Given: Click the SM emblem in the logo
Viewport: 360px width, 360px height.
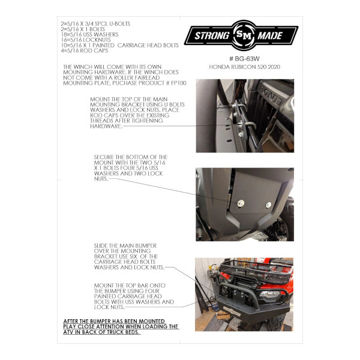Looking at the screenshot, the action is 244,35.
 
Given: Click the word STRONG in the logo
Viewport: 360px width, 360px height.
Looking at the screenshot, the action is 212,36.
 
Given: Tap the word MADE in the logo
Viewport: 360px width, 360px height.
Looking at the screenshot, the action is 270,36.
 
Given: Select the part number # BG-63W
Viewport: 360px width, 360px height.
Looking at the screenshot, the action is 244,59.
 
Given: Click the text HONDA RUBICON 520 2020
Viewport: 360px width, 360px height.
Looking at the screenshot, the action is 245,67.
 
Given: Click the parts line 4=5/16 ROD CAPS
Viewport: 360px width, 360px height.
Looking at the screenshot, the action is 85,51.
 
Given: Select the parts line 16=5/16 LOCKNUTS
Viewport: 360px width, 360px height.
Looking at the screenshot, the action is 86,40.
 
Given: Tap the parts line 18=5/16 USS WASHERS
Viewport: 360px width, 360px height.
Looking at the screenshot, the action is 89,35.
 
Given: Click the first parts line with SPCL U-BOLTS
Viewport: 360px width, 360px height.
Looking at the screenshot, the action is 95,24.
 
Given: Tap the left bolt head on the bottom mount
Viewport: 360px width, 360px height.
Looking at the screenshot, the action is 241,203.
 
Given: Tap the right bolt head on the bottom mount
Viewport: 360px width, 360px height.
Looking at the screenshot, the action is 268,205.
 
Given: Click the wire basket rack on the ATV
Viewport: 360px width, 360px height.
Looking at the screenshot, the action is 257,271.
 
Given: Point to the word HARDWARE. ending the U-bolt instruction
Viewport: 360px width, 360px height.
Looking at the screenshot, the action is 106,126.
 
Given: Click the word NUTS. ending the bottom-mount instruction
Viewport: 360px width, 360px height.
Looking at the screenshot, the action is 101,179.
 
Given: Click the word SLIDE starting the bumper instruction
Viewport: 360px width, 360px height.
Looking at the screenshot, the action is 101,245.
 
